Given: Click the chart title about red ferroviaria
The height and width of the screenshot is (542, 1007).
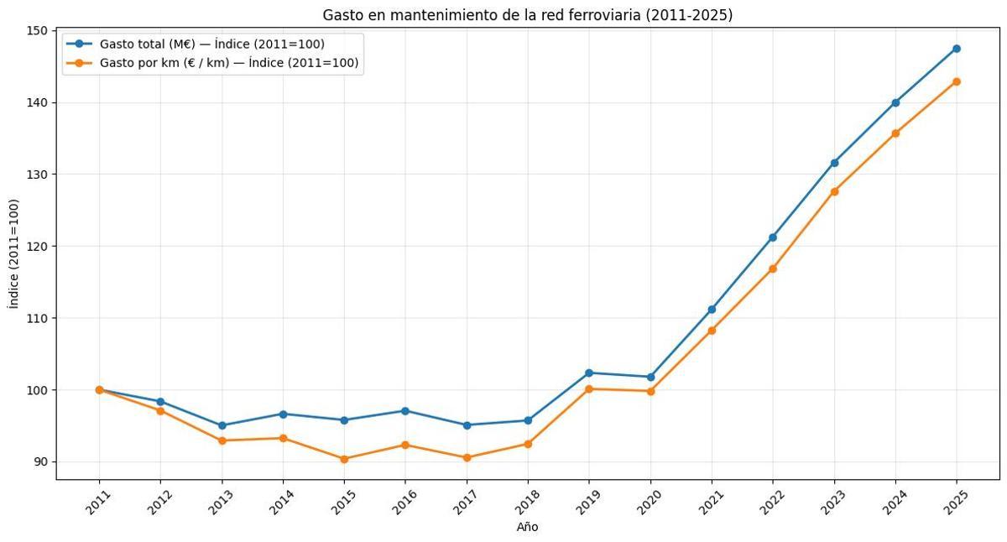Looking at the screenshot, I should click(527, 15).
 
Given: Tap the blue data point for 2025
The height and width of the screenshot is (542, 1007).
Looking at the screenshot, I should click(956, 49).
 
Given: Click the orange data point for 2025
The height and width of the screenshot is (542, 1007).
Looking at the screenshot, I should click(956, 81).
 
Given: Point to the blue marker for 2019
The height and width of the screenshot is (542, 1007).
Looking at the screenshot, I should click(589, 373).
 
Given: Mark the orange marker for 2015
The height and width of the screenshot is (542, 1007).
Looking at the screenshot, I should click(344, 459).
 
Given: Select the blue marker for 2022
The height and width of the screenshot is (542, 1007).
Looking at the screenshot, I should click(773, 237).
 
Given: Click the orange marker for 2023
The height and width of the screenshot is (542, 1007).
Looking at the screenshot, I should click(834, 191).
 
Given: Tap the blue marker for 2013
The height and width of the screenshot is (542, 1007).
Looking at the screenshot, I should click(222, 425).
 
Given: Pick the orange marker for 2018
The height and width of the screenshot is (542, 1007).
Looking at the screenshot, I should click(528, 444).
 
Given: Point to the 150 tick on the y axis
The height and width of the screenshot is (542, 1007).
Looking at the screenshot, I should click(38, 31).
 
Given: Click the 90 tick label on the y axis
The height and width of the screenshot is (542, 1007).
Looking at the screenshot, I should click(41, 462).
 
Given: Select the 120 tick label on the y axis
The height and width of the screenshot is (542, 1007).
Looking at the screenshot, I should click(38, 247).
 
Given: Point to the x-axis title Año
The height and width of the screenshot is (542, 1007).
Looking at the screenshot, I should click(527, 527).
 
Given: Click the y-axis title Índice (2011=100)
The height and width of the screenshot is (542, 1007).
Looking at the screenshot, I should click(14, 254).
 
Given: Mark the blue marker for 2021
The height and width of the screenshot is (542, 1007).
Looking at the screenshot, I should click(712, 310).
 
